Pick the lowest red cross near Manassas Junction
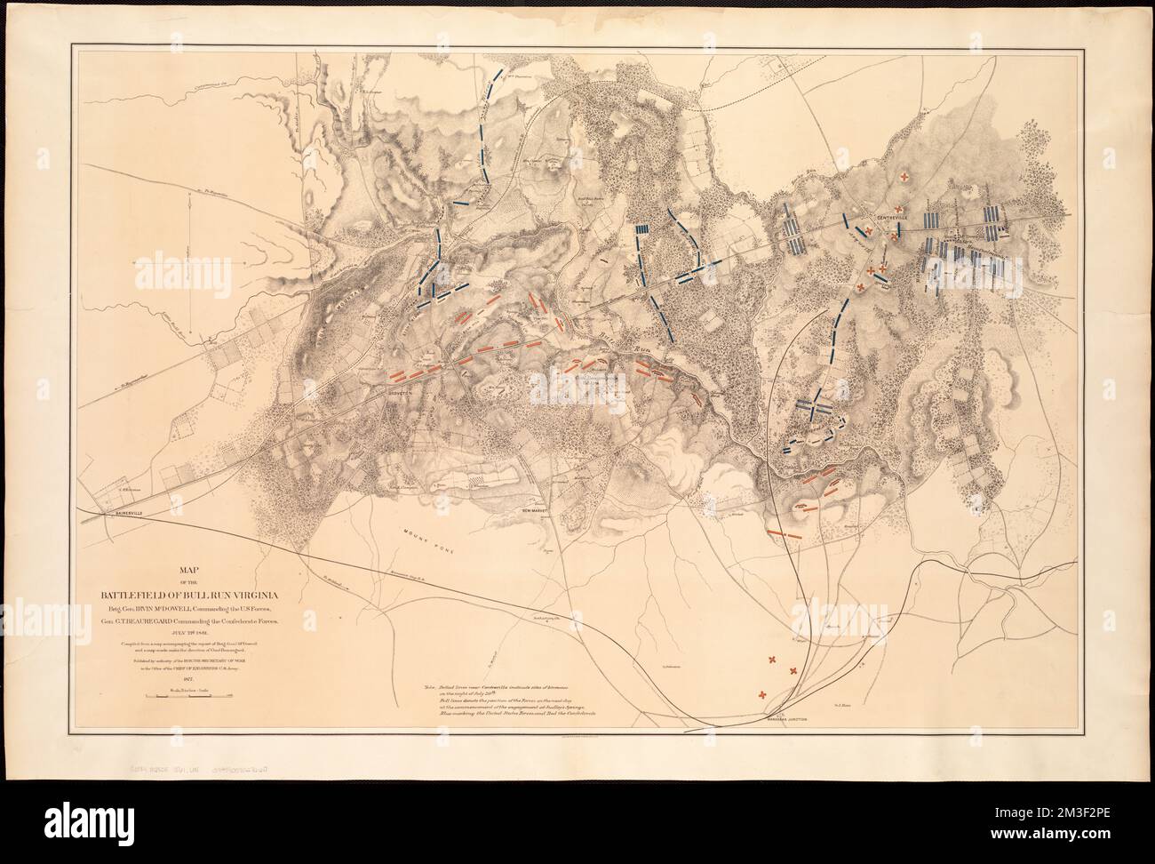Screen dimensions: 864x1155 pos(762,695)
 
